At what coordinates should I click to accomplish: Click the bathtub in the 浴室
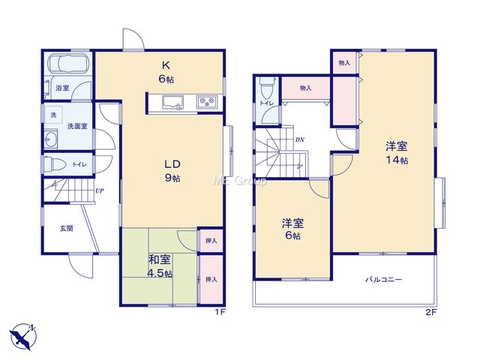[68, 63]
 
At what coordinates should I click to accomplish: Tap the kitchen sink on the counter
[173, 102]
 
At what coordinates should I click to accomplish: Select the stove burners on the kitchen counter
[208, 102]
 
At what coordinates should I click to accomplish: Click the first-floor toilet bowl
[55, 164]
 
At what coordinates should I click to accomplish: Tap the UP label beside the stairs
[100, 190]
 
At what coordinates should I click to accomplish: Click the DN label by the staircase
[300, 140]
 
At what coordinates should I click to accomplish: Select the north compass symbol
[22, 336]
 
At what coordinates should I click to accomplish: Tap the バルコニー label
[383, 280]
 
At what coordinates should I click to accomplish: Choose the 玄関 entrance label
[67, 228]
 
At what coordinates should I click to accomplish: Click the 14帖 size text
[397, 160]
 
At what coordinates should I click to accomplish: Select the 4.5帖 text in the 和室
[160, 273]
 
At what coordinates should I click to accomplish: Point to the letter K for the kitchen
[166, 65]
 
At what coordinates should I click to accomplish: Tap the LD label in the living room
[172, 164]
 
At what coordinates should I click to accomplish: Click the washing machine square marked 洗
[53, 115]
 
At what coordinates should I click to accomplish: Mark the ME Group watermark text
[240, 181]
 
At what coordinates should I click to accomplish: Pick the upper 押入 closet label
[211, 241]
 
